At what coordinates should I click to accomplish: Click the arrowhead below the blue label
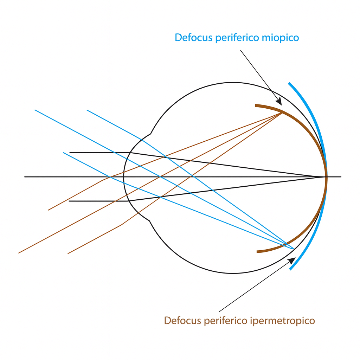279,102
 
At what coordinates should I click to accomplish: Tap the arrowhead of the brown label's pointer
292,260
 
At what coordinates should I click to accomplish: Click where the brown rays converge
281,113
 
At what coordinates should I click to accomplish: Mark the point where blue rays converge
293,249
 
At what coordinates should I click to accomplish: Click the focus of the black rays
326,176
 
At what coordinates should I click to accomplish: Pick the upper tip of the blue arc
289,83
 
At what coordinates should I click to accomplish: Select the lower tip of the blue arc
290,269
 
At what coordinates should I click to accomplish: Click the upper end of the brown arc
256,105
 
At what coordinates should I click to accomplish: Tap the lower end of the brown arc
257,252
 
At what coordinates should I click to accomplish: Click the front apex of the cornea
124,176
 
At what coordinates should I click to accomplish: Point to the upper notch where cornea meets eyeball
150,134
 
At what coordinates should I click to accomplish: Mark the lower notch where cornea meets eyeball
150,220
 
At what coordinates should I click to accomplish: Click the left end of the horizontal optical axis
25,176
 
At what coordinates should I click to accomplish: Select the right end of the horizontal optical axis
341,176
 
